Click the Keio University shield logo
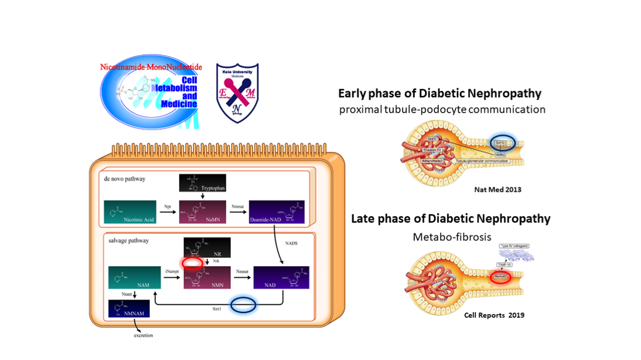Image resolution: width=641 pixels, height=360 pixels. (x=237, y=93)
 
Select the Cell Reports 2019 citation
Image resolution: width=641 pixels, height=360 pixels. (x=494, y=315)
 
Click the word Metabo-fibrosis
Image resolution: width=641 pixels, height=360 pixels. (x=452, y=236)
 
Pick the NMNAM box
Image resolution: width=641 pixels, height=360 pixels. (x=129, y=309)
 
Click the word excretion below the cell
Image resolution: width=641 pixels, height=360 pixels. (x=143, y=335)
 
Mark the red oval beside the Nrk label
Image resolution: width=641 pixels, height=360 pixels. (x=192, y=263)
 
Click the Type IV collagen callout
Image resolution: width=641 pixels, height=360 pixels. (x=513, y=246)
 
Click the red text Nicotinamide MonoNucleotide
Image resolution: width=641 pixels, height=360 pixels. (x=151, y=67)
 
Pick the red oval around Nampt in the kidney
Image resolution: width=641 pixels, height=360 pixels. (x=501, y=277)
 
